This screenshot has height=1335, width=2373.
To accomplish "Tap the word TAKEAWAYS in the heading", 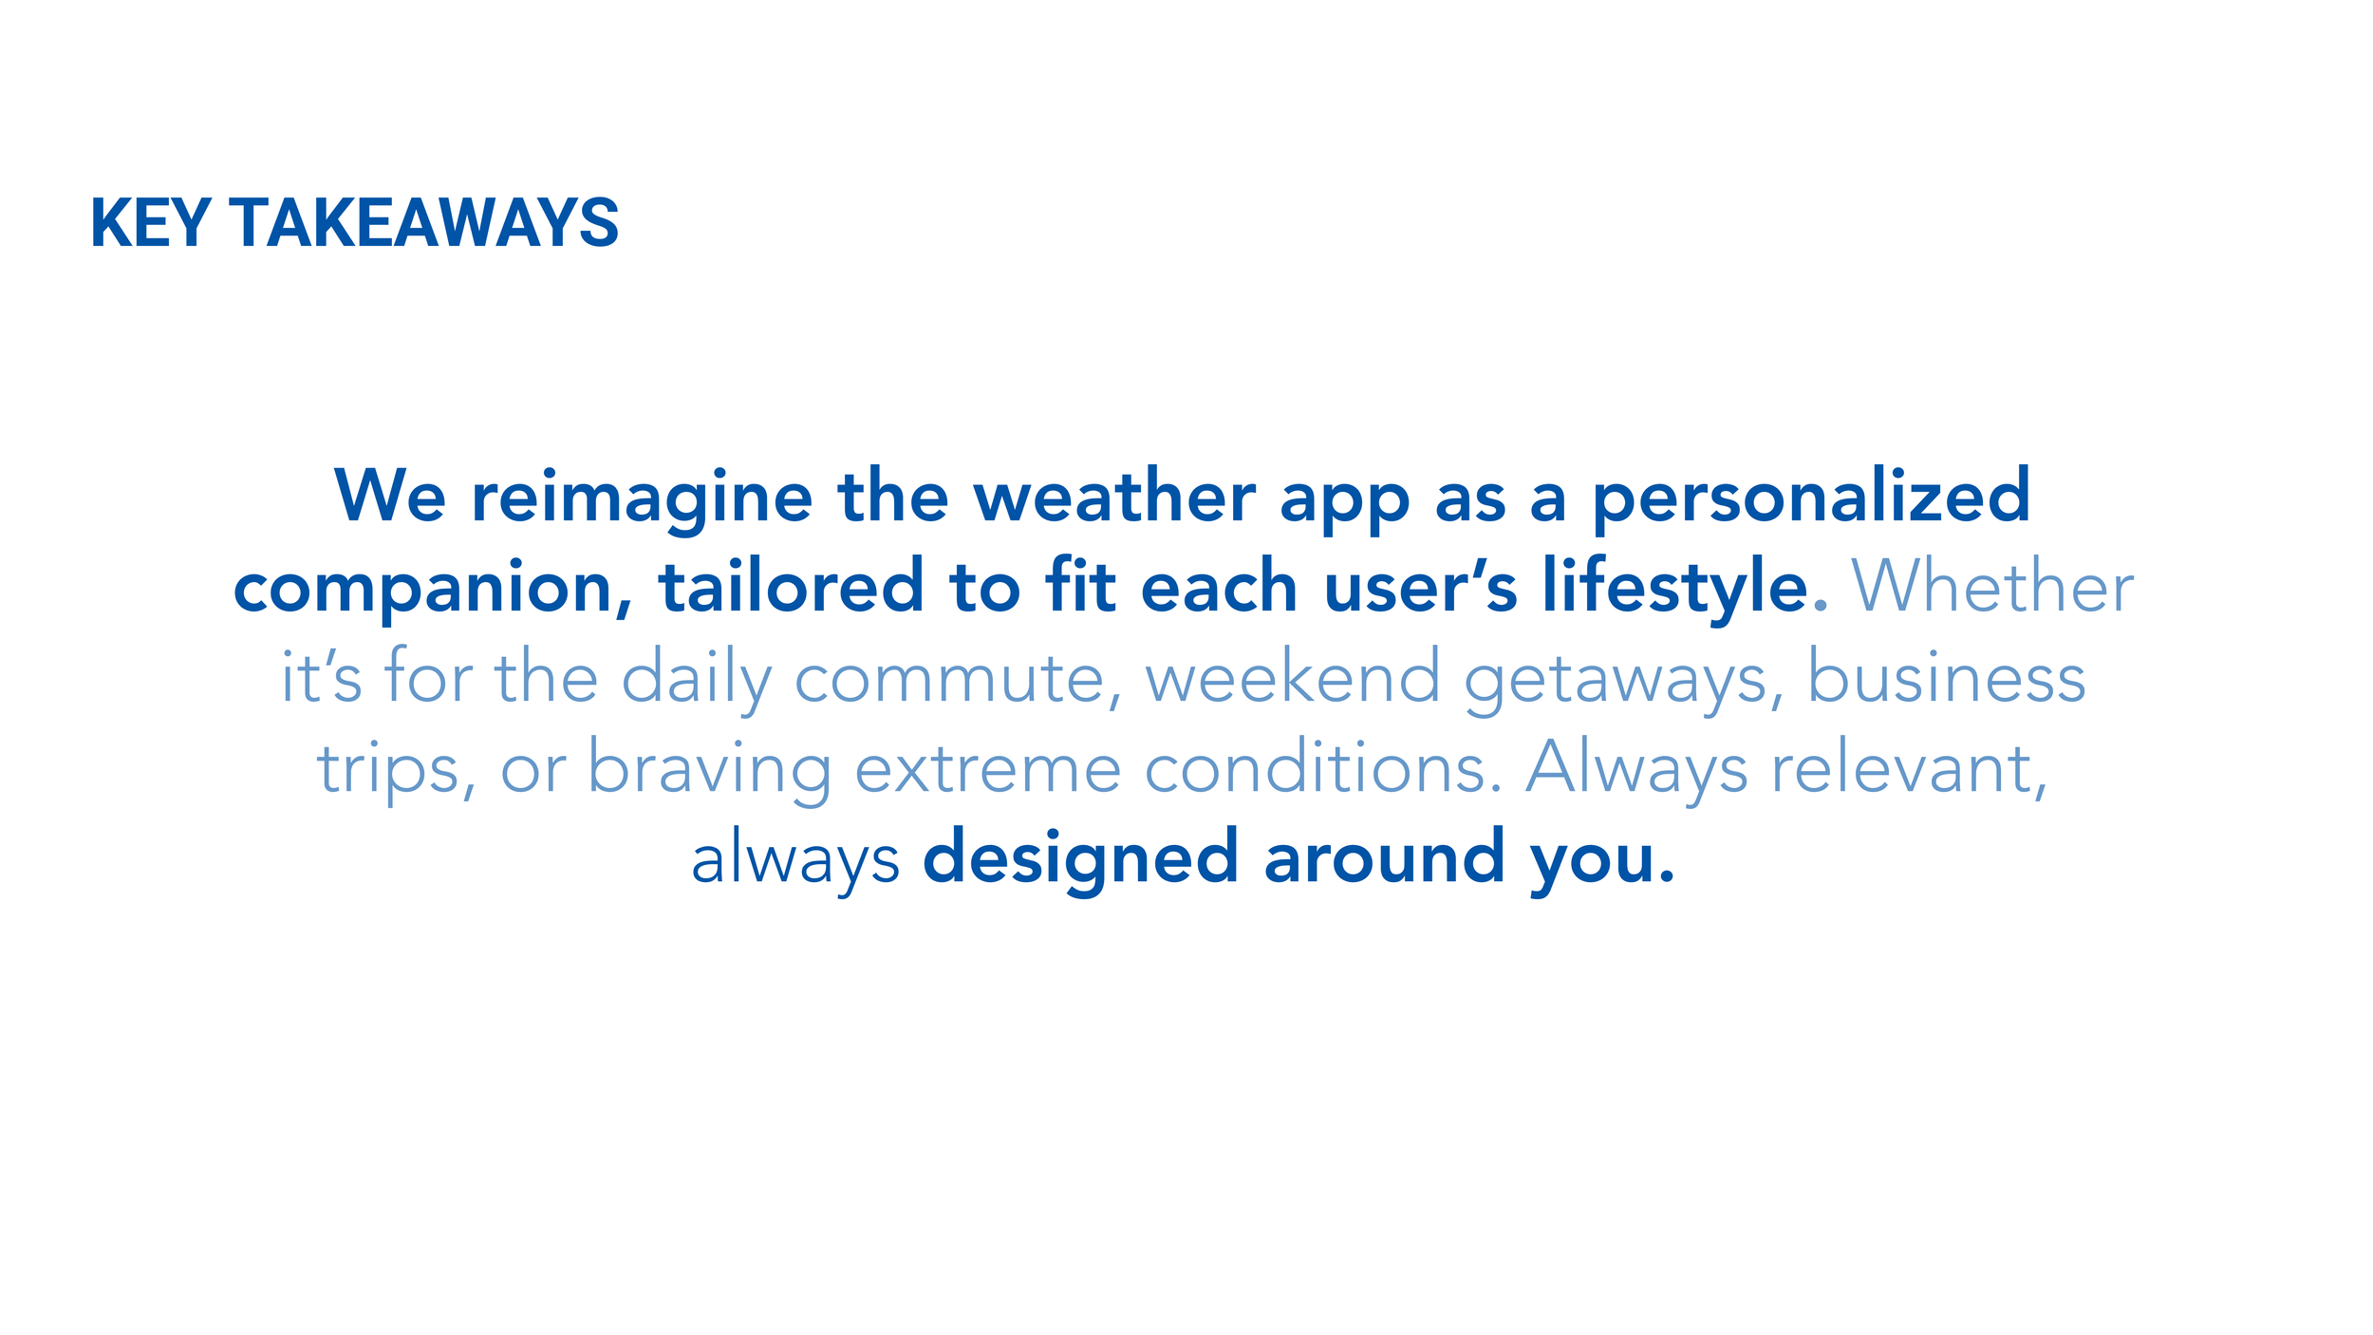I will pos(424,224).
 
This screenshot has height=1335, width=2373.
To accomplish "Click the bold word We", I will pos(390,497).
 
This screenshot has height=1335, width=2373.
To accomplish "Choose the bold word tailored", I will pos(791,587).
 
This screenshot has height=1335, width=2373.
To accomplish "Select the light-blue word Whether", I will pos(1992,587).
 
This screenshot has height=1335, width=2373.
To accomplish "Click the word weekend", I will pos(1293,678).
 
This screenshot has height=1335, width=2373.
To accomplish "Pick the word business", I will pos(1946,678).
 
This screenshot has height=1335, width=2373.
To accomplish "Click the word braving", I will pos(709,769).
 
